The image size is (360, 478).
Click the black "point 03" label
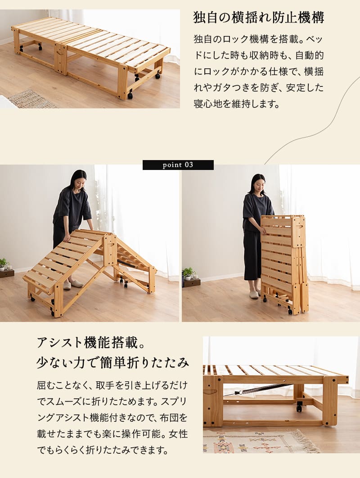pyautogui.click(x=178, y=165)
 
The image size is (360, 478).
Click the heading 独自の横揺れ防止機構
pyautogui.click(x=259, y=18)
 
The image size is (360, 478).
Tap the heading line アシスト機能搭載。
pyautogui.click(x=91, y=343)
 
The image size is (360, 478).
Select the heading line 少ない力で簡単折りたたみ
pyautogui.click(x=113, y=362)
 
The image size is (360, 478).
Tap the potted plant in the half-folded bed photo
pyautogui.click(x=3, y=264)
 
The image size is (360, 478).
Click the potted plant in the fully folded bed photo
pyautogui.click(x=188, y=273)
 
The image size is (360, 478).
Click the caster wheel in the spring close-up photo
pyautogui.click(x=299, y=407)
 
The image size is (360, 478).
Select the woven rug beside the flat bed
pyautogui.click(x=32, y=99)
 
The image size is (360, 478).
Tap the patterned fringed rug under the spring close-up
pyautogui.click(x=261, y=441)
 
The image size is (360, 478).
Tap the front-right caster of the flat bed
pyautogui.click(x=130, y=95)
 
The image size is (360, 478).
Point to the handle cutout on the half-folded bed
pyautogui.click(x=111, y=245)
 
